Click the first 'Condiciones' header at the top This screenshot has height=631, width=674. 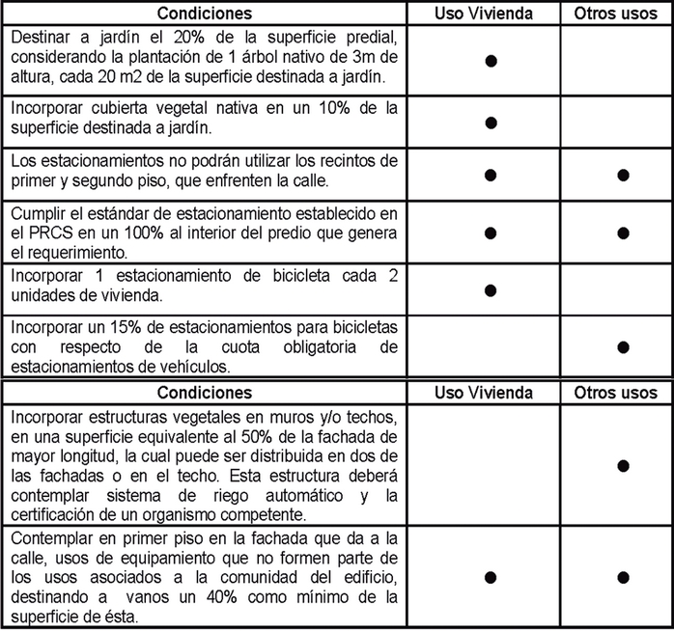click(x=205, y=14)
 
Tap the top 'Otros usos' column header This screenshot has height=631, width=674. click(x=615, y=14)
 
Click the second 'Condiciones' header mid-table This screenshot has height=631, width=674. click(x=205, y=393)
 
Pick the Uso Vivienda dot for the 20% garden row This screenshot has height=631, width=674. click(x=491, y=60)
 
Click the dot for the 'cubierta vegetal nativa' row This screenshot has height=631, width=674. click(x=491, y=123)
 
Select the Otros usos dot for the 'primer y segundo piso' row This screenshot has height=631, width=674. click(x=623, y=176)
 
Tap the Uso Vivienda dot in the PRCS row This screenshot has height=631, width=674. click(x=491, y=233)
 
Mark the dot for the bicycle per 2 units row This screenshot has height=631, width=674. click(x=491, y=288)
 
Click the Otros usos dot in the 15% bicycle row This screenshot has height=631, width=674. click(x=623, y=345)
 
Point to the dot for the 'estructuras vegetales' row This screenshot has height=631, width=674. click(x=623, y=465)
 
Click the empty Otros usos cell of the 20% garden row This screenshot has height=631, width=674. click(x=615, y=60)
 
